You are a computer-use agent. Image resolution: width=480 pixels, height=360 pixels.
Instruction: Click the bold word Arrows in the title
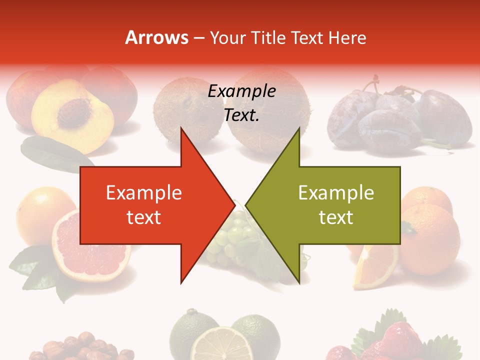156,37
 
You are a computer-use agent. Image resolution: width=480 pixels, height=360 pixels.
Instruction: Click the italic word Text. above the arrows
241,115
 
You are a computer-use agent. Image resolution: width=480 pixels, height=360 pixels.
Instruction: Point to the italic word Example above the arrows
242,91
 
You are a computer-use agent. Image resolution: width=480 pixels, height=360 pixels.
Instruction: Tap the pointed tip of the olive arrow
246,204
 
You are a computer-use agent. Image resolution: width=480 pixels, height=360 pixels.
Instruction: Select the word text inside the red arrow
143,217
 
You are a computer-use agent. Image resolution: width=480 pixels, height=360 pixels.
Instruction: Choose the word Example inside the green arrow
336,193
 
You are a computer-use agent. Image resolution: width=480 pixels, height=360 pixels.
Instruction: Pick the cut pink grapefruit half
87,245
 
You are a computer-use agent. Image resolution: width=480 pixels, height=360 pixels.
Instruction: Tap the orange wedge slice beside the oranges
374,267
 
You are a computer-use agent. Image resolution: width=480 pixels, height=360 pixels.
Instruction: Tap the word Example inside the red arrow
143,193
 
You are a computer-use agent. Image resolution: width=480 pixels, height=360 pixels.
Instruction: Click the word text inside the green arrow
336,217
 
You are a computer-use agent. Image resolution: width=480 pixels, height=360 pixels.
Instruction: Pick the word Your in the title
228,37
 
